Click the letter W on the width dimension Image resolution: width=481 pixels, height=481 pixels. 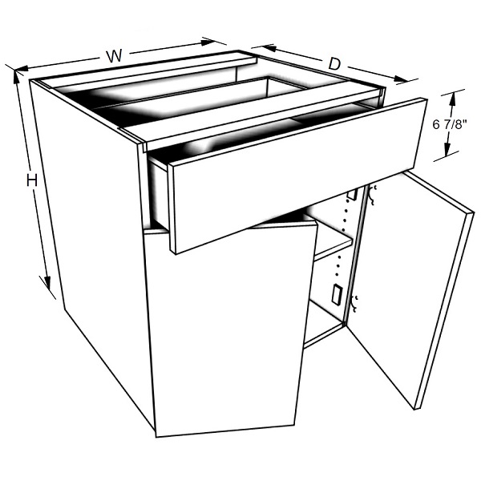coord(114,56)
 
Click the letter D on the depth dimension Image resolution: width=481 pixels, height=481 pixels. coord(334,64)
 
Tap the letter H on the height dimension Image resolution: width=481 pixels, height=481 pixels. coord(32,180)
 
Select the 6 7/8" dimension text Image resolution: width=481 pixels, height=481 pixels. coord(450,124)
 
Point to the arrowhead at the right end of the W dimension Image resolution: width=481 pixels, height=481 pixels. coord(208,42)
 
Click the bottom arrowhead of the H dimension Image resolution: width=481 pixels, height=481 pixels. coord(47,282)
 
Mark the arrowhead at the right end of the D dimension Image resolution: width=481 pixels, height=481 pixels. coord(400,79)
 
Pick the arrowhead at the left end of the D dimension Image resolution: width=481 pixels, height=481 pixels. coord(268,47)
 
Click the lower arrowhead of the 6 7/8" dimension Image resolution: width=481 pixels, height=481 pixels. coord(447,149)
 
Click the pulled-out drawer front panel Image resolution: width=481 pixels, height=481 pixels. coord(294,175)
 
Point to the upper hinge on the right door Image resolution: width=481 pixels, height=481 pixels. coord(373,195)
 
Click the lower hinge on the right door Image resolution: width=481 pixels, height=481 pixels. coord(355,304)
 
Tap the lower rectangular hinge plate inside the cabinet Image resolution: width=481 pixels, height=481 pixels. coord(337,295)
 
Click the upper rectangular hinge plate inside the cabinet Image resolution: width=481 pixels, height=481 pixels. coord(353,195)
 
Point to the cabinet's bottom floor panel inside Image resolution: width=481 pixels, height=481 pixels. coord(323,325)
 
